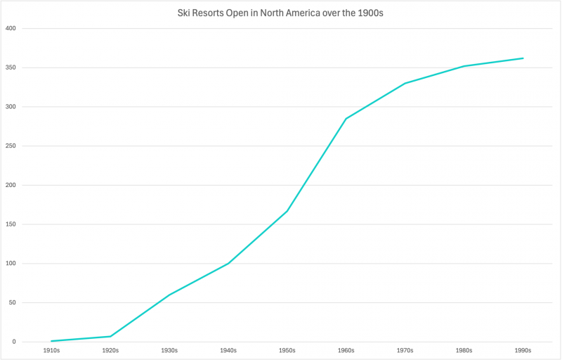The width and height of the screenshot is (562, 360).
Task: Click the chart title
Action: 281,13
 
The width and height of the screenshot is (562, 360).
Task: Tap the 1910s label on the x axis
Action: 51,350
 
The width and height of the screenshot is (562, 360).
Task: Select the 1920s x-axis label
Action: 110,350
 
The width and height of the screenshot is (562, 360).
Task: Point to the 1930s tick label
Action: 169,350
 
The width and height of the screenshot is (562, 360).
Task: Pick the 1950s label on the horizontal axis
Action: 287,350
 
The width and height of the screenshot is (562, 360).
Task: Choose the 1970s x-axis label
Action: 405,350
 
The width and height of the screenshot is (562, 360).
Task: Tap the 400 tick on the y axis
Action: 11,29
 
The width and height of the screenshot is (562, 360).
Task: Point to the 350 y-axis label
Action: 11,68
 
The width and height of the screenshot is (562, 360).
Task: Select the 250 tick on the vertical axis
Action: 11,146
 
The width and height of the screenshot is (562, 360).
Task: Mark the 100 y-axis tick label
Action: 11,264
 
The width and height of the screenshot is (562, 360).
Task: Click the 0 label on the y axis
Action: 14,342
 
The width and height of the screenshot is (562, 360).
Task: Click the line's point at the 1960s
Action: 346,118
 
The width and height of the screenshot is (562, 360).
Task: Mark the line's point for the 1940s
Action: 228,264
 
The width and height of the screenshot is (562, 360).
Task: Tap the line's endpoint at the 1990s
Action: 523,58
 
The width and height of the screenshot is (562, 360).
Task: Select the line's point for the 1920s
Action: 110,336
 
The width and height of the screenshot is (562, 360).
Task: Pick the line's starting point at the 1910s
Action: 51,341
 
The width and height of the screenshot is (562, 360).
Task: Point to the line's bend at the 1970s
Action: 405,83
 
